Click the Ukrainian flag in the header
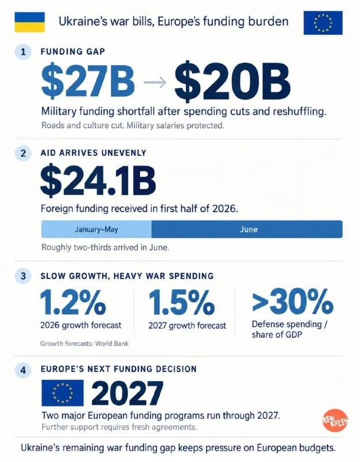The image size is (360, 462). [x=29, y=22]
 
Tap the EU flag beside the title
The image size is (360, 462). [x=323, y=23]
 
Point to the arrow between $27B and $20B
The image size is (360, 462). [x=155, y=82]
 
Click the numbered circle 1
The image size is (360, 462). [x=23, y=52]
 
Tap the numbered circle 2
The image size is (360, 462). [x=23, y=153]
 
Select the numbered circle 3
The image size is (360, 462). [x=23, y=276]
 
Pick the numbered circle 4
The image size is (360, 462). [x=23, y=370]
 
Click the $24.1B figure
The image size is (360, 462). [x=98, y=181]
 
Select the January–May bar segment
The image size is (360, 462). [x=96, y=229]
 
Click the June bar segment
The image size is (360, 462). [x=247, y=229]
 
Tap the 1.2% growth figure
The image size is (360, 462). [x=73, y=302]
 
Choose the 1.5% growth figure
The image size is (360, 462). [x=182, y=302]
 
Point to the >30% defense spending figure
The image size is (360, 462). [x=292, y=301]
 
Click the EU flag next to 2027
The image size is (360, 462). [x=62, y=393]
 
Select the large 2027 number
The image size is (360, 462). [x=127, y=393]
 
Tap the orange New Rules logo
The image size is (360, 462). [x=335, y=420]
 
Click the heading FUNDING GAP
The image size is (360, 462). [x=73, y=52]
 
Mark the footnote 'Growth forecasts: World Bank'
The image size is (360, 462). [x=84, y=344]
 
